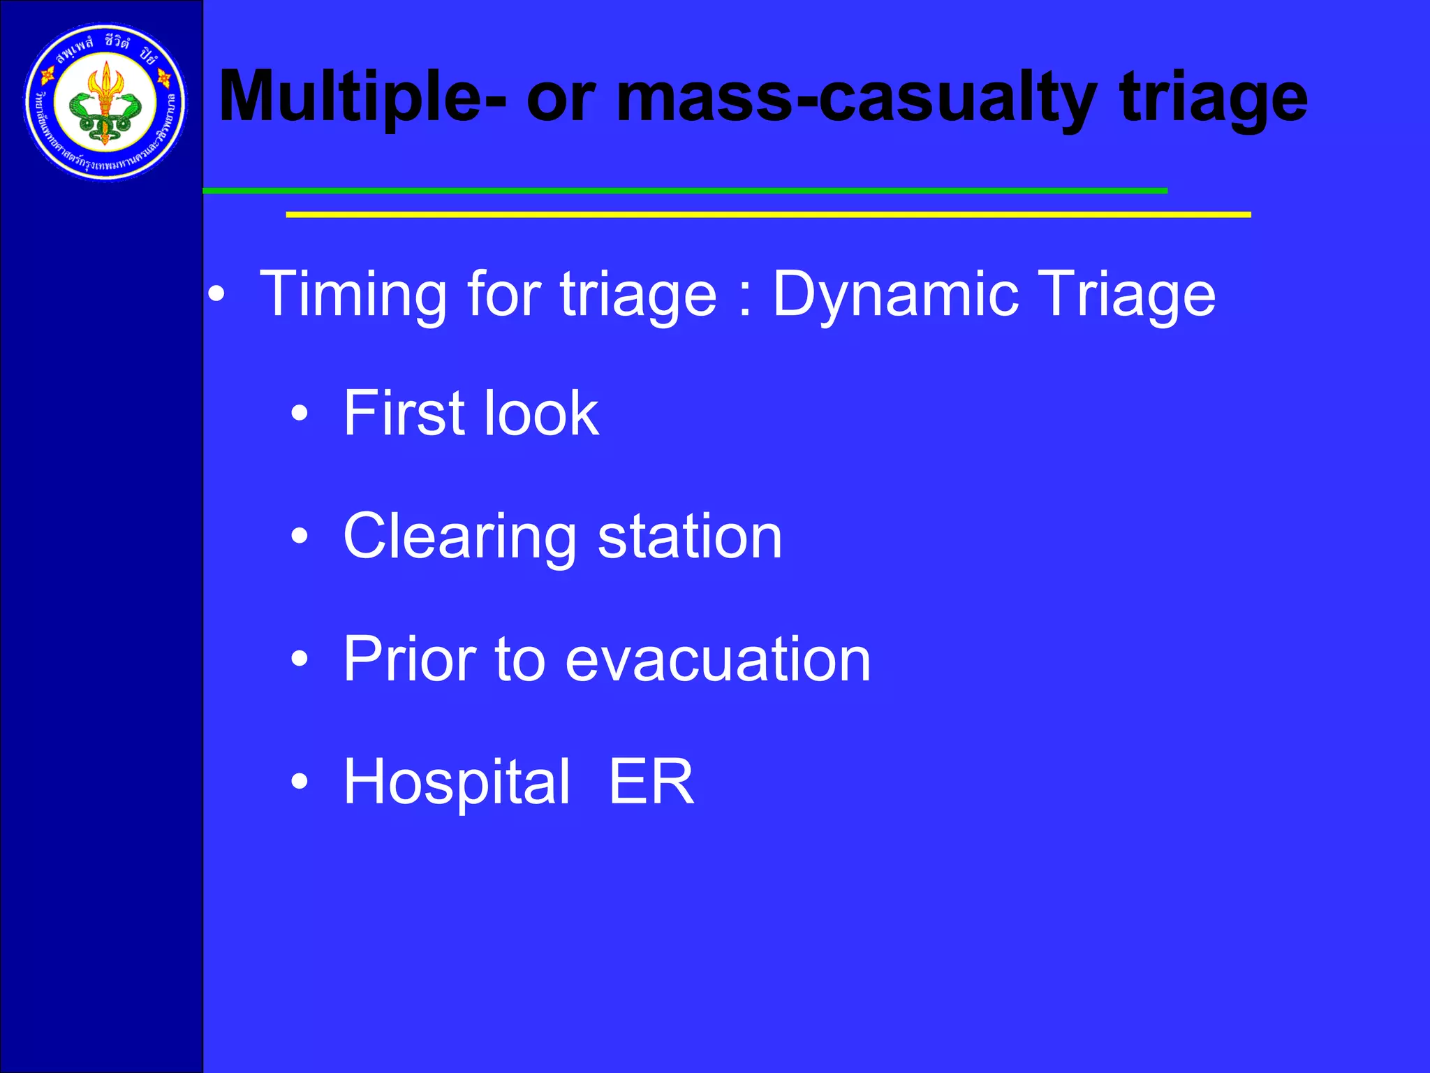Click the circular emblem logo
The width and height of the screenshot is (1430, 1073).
click(105, 102)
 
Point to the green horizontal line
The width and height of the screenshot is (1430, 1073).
click(684, 191)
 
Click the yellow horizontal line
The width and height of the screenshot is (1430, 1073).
click(768, 214)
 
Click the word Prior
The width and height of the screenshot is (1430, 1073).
click(409, 659)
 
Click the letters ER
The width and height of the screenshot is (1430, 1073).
click(651, 782)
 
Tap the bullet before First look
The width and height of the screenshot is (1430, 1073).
click(300, 414)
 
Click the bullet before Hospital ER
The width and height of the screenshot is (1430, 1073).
click(300, 782)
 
